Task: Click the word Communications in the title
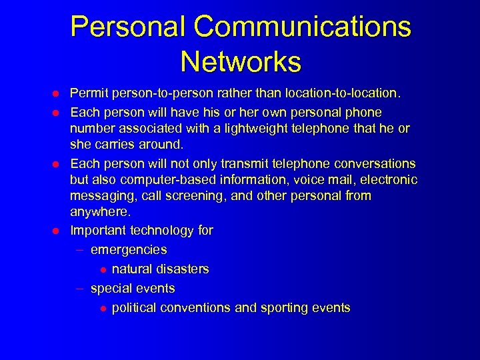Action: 303,27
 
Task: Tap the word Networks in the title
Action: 241,62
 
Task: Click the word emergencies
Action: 129,250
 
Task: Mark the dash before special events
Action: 79,289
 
